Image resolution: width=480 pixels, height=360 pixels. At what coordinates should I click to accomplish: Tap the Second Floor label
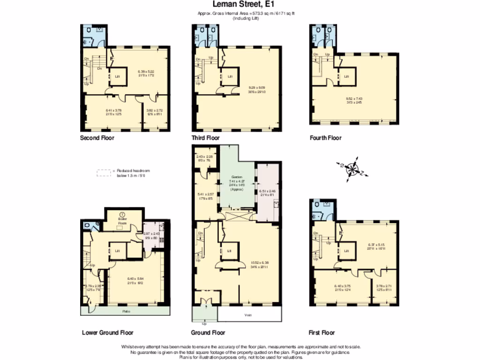[x=97, y=138]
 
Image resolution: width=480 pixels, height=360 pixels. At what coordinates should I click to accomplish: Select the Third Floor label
[x=205, y=138]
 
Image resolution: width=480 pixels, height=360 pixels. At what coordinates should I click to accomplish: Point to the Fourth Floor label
[x=325, y=138]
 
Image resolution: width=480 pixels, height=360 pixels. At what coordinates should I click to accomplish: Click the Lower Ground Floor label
[x=107, y=333]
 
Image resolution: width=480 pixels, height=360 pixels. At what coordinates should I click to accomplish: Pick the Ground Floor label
[x=208, y=333]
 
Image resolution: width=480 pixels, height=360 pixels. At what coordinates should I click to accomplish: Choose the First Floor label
[x=322, y=333]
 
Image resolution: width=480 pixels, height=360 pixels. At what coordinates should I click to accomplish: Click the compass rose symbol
[x=352, y=169]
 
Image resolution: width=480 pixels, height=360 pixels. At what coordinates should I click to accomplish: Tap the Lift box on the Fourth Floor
[x=347, y=76]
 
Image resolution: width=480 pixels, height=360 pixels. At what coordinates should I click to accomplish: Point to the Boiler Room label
[x=122, y=222]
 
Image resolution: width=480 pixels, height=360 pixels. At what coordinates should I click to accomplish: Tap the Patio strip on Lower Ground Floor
[x=125, y=311]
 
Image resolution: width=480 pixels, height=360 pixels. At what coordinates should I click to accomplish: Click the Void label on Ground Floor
[x=248, y=315]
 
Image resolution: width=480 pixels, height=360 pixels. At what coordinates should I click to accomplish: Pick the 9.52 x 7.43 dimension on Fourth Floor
[x=354, y=100]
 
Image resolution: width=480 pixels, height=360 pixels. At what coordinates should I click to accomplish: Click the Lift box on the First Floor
[x=347, y=251]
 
